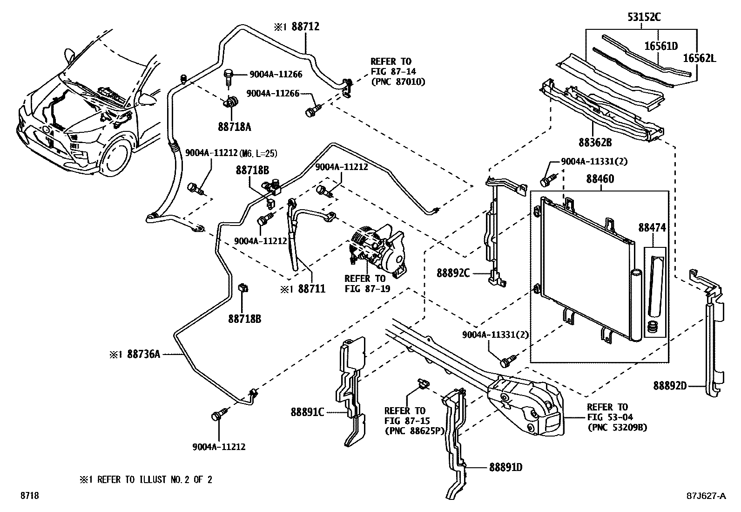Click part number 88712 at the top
[305, 27]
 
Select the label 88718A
[234, 127]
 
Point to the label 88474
[652, 228]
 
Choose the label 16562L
[700, 58]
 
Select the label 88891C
[307, 412]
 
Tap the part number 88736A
[143, 355]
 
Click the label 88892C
[453, 273]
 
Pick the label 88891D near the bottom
[505, 467]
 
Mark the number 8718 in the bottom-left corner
[28, 496]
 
